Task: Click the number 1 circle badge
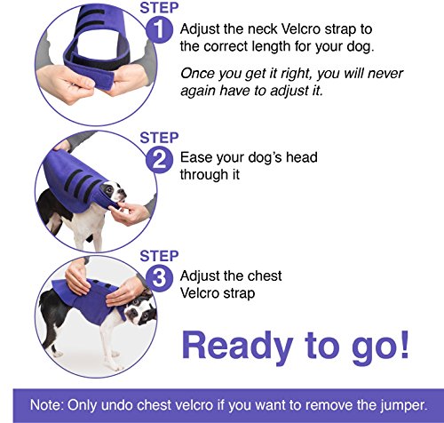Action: pos(159,30)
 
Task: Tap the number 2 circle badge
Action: pos(159,160)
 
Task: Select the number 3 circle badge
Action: pos(159,278)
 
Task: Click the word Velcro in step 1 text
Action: pos(301,29)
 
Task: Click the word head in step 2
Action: pos(301,157)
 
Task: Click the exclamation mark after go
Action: pos(403,344)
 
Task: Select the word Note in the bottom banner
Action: pos(47,405)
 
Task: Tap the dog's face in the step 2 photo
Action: pos(113,192)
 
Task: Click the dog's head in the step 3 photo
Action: pos(139,310)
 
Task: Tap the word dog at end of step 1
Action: pos(361,47)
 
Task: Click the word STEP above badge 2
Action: pos(159,138)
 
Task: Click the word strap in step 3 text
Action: pos(239,293)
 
